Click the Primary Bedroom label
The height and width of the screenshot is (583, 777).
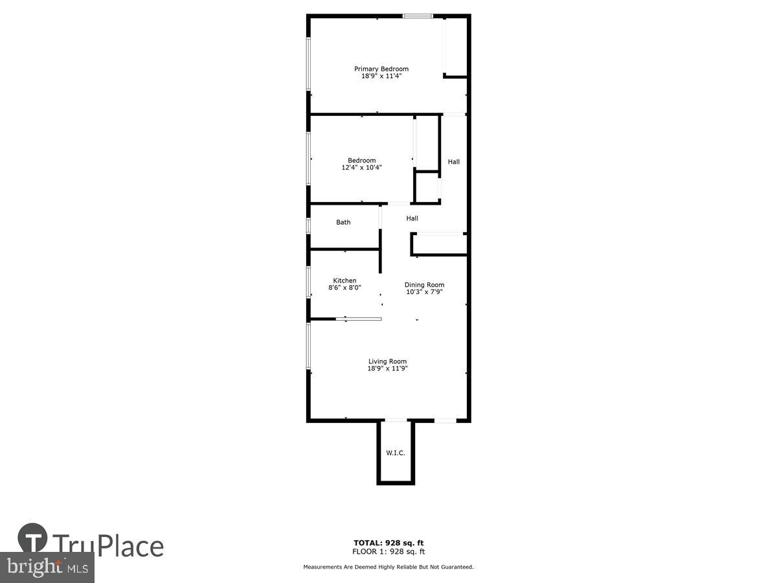point(381,69)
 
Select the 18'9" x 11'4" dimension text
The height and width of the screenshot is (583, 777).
point(381,76)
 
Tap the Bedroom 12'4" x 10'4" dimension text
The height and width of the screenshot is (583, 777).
point(361,168)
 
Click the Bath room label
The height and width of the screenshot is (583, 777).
point(343,222)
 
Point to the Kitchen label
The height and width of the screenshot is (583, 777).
point(344,280)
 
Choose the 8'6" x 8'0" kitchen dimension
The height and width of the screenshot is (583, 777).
point(344,288)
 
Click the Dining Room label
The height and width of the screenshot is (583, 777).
point(424,284)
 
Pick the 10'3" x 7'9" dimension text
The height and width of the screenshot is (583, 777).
point(424,291)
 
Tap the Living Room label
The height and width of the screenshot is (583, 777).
point(387,361)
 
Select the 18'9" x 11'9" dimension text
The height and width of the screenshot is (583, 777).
point(387,369)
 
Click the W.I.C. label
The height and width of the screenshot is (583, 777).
point(396,453)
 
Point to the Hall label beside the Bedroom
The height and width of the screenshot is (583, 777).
point(454,161)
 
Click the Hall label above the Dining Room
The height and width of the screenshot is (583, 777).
point(412,218)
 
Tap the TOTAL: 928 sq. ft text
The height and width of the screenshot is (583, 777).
point(388,543)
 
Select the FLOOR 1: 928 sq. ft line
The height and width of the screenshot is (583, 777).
point(388,552)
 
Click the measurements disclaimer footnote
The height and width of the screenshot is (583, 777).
point(388,567)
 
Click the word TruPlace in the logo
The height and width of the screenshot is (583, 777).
point(107,545)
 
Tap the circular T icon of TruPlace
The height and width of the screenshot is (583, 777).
point(33,538)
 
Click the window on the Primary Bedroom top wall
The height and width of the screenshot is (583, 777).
point(418,16)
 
